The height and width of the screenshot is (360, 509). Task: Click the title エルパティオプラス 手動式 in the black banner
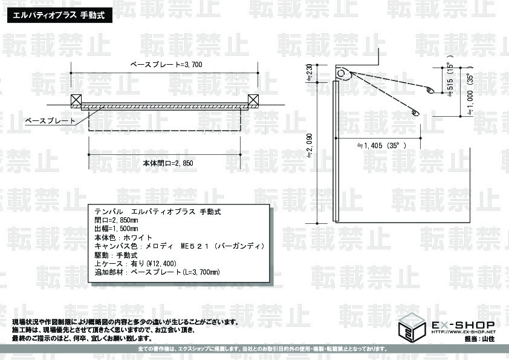[x=60, y=15]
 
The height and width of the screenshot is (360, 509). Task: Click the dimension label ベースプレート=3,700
[x=166, y=64]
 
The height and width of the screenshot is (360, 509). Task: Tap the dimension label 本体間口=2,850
[x=168, y=163]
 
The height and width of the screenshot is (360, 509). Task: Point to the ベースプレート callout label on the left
[x=50, y=121]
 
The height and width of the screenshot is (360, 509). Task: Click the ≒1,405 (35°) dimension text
[x=381, y=146]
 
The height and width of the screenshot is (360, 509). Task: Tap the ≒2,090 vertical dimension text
[x=310, y=146]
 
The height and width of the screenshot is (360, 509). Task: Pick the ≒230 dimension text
[x=310, y=74]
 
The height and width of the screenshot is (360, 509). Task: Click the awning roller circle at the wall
[x=340, y=73]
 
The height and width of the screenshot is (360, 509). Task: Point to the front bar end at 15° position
[x=429, y=90]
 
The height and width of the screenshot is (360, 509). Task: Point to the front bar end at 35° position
[x=415, y=113]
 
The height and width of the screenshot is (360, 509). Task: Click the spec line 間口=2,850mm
[x=116, y=220]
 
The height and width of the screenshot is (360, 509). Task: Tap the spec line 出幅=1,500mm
[x=116, y=229]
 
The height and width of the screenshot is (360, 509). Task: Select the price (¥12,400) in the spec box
[x=161, y=264]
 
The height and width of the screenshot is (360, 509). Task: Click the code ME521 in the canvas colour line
[x=195, y=246]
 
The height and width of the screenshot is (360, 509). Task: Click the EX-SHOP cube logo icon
[x=412, y=327]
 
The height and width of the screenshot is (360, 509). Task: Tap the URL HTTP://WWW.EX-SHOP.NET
[x=464, y=332]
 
